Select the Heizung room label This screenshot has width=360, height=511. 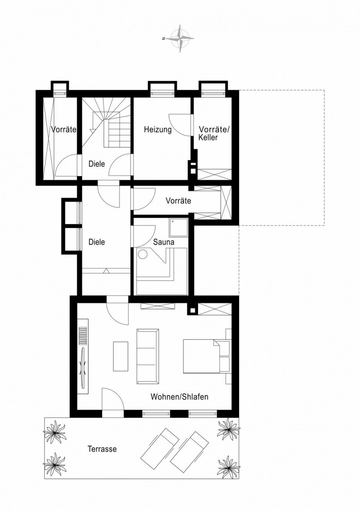coord(157,130)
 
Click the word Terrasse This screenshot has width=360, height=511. coord(102,449)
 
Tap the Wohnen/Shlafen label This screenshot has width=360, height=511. coord(180,397)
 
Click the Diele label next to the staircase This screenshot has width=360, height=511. coord(97,164)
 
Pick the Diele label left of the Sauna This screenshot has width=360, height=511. coord(97,242)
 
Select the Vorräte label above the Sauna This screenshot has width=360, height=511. coord(178,201)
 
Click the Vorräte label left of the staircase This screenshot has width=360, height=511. coord(63,130)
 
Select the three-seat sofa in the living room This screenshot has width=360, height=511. coord(148,356)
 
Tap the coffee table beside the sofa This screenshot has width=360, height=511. coord(121,356)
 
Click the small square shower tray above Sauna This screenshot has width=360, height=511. coord(178,227)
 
